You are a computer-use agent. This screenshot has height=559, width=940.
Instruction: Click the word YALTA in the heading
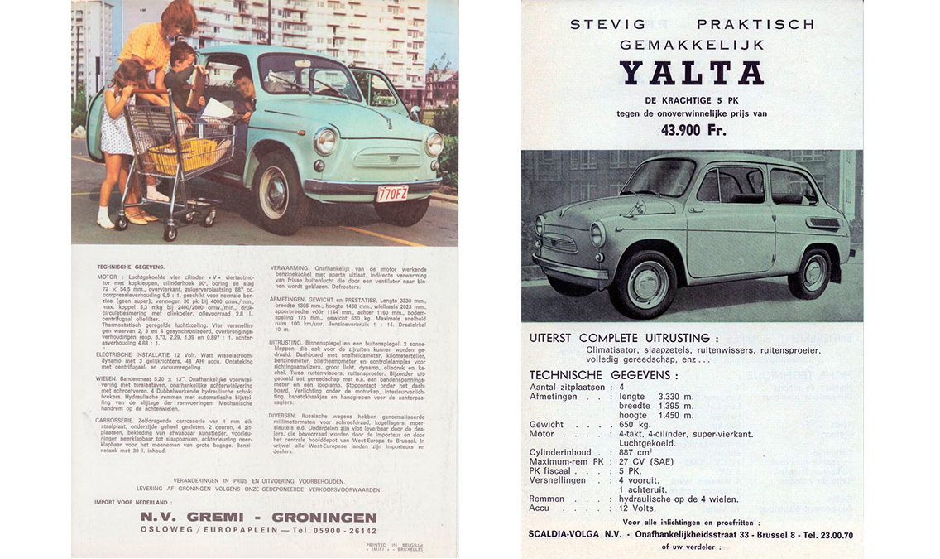691,74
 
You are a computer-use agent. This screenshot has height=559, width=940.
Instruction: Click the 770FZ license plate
391,193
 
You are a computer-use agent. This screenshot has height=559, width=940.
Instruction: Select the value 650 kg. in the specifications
638,424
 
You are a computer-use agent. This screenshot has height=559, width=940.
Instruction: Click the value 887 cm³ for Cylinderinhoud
638,452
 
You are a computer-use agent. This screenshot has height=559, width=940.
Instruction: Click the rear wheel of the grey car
808,272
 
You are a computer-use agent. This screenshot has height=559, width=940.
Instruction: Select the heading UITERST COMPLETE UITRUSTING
624,338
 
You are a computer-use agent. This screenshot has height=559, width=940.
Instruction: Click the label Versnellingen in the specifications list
558,480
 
